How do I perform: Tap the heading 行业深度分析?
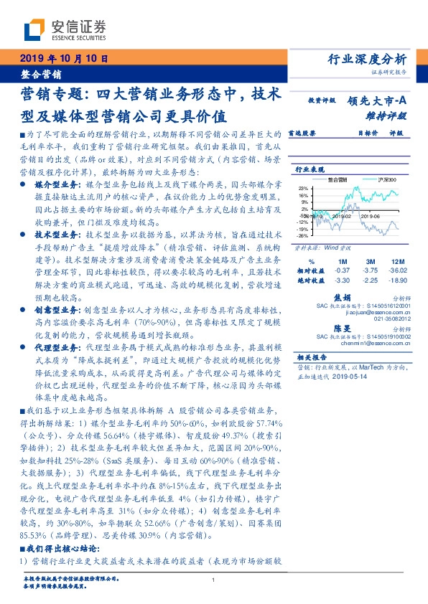366,59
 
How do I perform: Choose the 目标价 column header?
368,133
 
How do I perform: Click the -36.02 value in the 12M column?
398,270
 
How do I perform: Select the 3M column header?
371,261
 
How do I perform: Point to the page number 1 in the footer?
214,580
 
